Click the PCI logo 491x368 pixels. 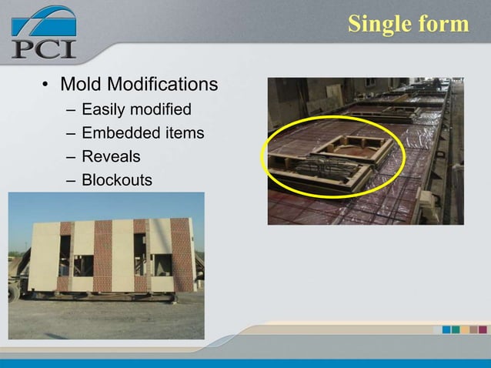point(44,32)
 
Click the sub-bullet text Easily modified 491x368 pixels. point(136,109)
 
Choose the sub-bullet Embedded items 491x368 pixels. point(142,133)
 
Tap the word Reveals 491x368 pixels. point(111,157)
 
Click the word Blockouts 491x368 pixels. point(116,180)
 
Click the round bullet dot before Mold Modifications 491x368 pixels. point(46,84)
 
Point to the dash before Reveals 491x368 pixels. point(71,157)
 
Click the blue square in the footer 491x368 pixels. point(447,330)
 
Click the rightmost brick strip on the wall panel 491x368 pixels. point(182,254)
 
